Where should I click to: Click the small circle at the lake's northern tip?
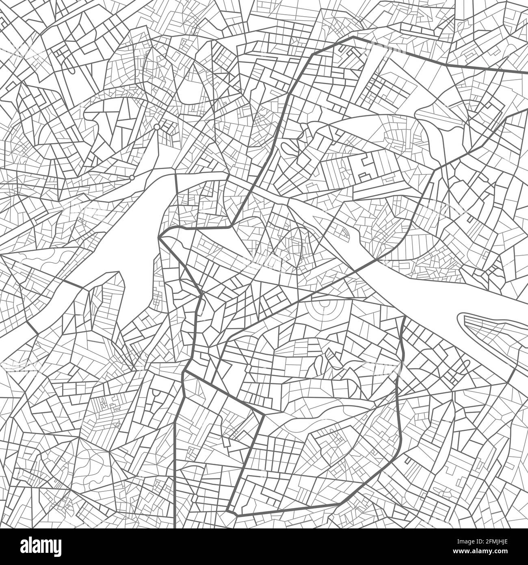coord(157,127)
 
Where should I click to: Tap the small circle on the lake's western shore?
coord(132,178)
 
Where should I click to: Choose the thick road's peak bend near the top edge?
coord(353,37)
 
